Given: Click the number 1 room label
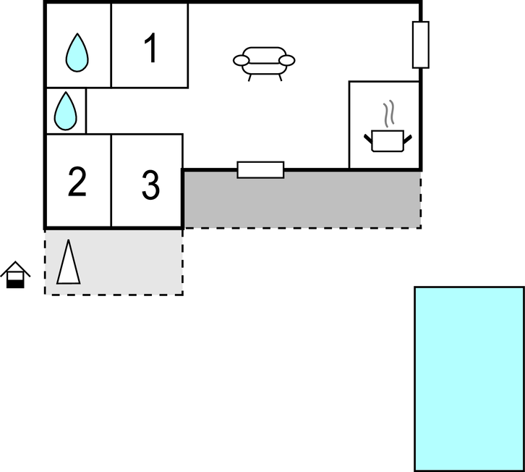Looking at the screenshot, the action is pos(151,48).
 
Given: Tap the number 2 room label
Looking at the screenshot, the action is pos(77,182).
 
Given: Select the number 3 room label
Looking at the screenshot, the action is pos(150,185).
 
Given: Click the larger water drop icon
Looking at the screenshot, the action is pos(77,53).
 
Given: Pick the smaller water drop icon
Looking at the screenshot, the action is pos(66,111).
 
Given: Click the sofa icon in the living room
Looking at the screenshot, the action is pos(264,64).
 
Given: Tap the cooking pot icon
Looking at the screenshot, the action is pos(388,140).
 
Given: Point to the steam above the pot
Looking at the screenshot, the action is pos(389,114).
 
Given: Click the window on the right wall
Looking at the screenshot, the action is pos(421,45).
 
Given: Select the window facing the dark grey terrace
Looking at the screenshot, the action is pos(260,169).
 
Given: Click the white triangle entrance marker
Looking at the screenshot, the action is pos(69,262).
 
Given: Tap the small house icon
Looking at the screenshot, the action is pos(15,275).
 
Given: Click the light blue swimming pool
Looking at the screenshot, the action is pos(469,379).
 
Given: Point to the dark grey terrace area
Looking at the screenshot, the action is pos(302,200).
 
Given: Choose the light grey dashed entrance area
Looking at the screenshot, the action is pos(114,262).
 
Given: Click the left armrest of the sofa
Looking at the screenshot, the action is pos(241,61).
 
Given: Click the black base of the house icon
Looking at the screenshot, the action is pos(15,285).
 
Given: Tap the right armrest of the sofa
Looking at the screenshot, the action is pos(286,61).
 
